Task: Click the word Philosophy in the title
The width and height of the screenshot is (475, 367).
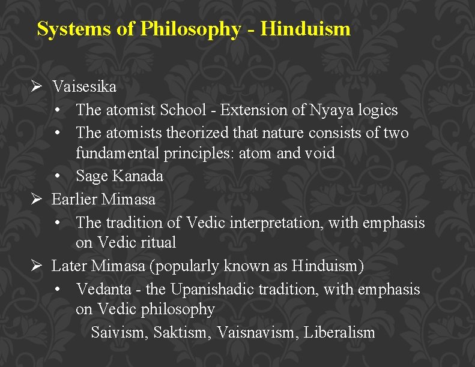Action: click(x=190, y=29)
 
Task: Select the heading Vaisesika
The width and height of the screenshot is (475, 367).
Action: click(x=84, y=87)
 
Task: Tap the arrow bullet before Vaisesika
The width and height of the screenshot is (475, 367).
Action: click(x=36, y=87)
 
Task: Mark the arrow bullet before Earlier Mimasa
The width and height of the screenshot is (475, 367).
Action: click(x=36, y=199)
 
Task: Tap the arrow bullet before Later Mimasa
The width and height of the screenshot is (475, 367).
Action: click(x=36, y=266)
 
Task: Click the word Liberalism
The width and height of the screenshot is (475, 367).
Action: click(x=339, y=333)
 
